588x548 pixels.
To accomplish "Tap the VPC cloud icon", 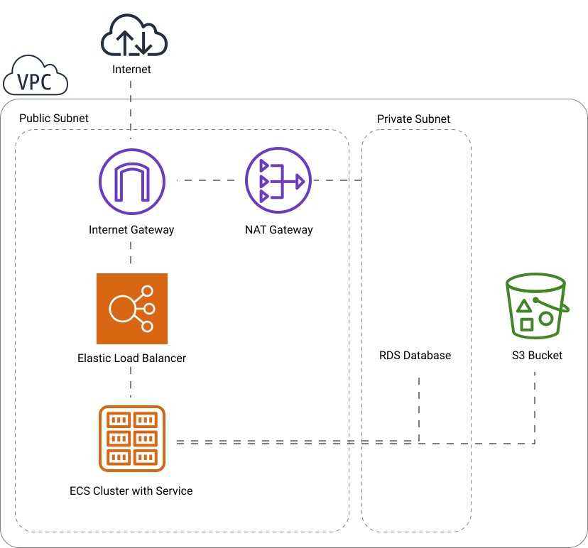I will (x=36, y=77).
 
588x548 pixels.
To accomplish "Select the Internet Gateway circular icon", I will (x=131, y=181).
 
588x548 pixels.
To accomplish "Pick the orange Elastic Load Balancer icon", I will (x=131, y=308).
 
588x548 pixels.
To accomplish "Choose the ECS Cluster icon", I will (x=131, y=438).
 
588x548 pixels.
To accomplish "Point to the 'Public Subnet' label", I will (x=54, y=119).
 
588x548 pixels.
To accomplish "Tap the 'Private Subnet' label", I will (x=413, y=119).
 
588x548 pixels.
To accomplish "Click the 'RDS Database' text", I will (x=415, y=355).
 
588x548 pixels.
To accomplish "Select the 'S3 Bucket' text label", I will (x=536, y=355).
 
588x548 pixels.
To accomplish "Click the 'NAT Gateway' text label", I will (x=278, y=230).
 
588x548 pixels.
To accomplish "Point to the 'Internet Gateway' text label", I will (x=131, y=230).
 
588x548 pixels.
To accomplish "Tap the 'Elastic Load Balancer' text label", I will (x=131, y=358).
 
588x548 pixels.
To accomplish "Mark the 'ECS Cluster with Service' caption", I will (x=131, y=491).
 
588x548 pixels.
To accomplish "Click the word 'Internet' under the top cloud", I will (x=131, y=70).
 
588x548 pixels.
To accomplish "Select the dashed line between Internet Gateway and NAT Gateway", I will (x=206, y=180).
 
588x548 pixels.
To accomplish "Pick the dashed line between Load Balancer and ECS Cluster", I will (x=131, y=385).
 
